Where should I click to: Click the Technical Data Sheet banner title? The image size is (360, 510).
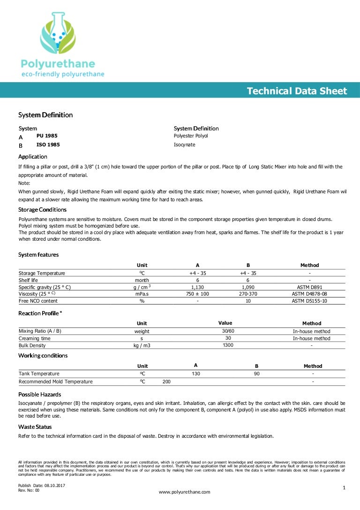click(297, 91)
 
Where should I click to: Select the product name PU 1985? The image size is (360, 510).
click(47, 136)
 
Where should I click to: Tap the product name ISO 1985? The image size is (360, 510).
click(48, 145)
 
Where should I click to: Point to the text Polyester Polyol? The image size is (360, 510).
click(191, 136)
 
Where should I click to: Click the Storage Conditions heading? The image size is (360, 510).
click(42, 209)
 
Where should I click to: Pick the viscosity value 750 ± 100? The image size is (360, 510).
click(197, 294)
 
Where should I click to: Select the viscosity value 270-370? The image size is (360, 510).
click(248, 294)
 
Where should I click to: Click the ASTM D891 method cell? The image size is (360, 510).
click(309, 287)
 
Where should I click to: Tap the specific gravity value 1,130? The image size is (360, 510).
click(197, 287)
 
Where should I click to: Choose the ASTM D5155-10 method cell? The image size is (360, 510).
click(309, 301)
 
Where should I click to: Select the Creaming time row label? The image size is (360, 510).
click(34, 338)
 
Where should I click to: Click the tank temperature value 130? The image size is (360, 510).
click(196, 373)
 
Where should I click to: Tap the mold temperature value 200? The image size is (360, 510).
click(166, 381)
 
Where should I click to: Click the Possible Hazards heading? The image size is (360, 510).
click(39, 394)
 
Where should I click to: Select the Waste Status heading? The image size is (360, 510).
click(35, 426)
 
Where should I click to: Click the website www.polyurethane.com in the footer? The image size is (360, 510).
click(185, 492)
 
